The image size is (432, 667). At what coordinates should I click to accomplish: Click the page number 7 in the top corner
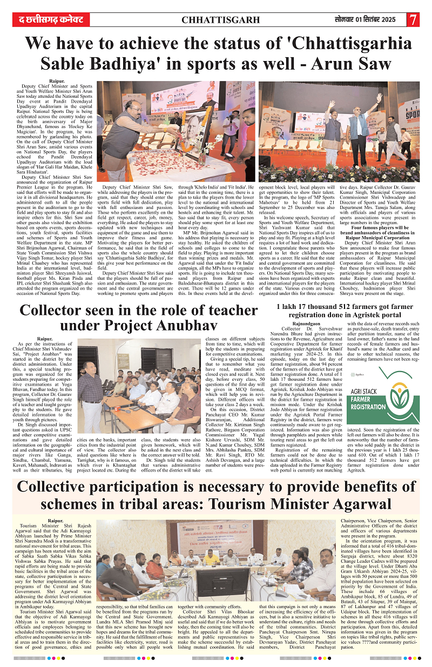413,19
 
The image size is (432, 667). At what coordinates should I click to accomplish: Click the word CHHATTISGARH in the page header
216,20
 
